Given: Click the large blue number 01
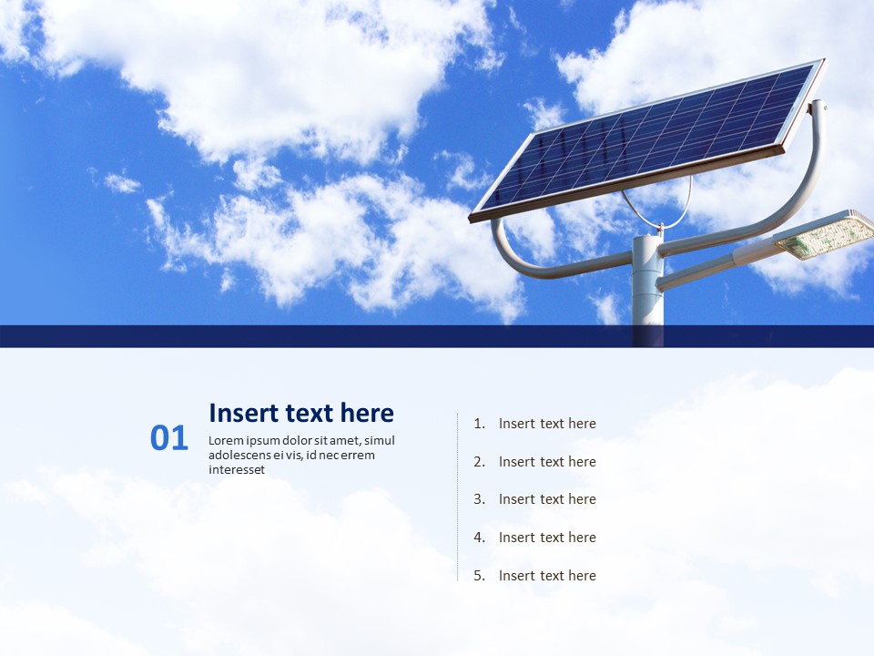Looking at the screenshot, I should coord(168,438).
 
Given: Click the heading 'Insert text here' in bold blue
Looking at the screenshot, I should coord(301,413).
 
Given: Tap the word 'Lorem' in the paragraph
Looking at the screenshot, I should coord(225,441).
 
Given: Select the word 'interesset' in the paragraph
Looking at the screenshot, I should coord(237,470).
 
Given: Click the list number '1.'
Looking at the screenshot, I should coord(480,424).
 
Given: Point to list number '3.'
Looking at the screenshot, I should coord(480,499).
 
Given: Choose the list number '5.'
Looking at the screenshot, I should coord(480,576).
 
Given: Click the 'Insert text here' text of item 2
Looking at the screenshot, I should coord(547,462).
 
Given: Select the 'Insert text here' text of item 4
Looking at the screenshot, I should coord(547,538).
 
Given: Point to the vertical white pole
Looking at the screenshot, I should coord(647,292).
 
